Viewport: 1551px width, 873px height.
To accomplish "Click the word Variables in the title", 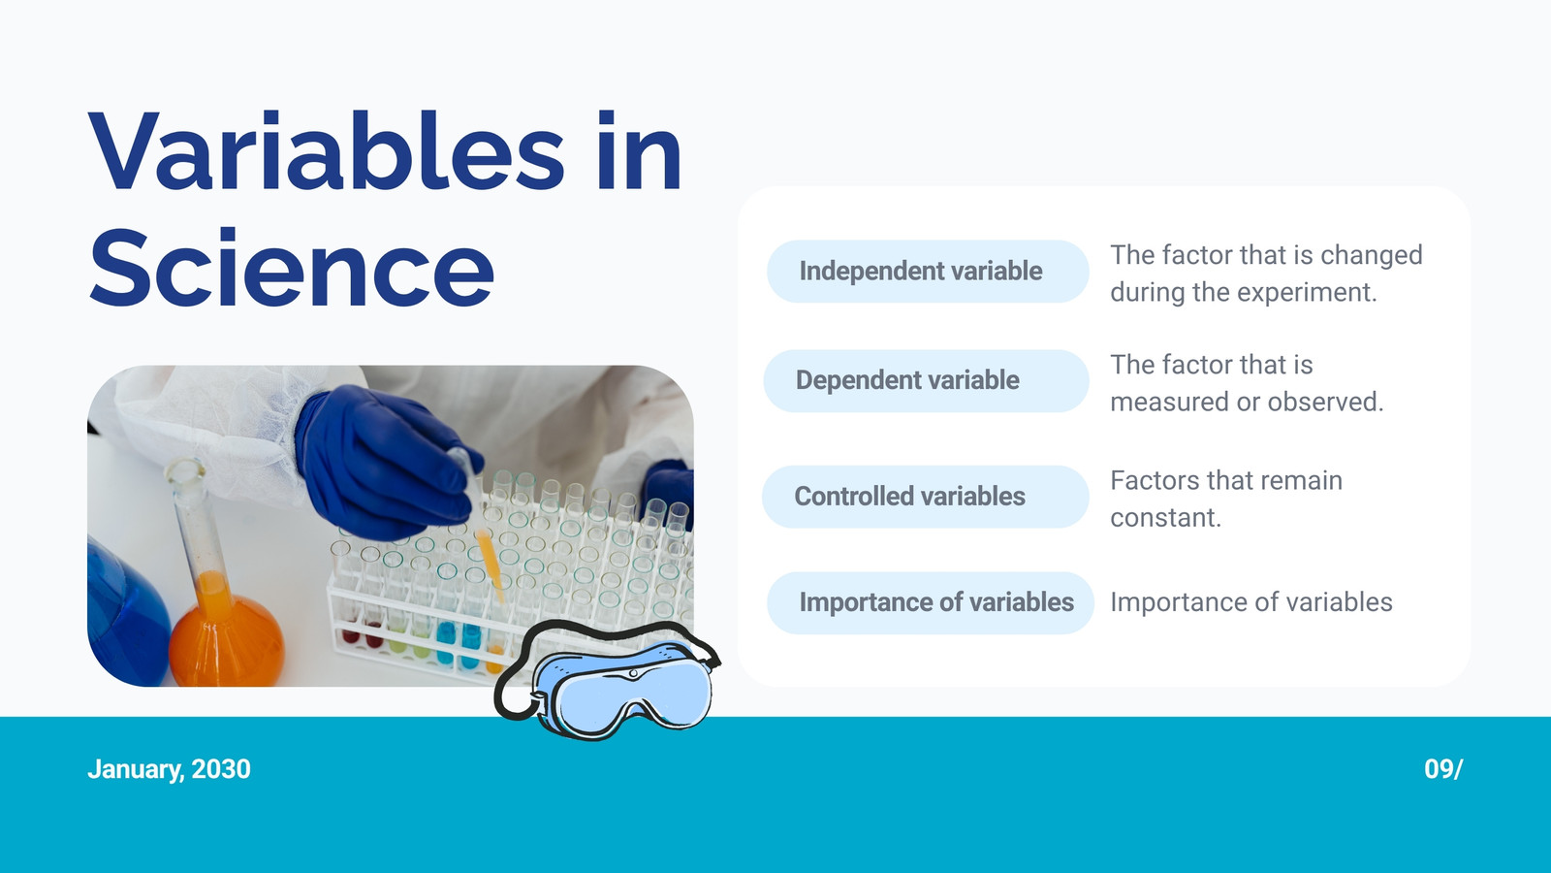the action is point(326,150).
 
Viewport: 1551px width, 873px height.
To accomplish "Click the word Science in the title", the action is point(292,268).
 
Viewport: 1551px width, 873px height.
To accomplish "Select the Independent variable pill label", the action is point(928,271).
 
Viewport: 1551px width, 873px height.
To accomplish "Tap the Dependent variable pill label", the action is point(926,380).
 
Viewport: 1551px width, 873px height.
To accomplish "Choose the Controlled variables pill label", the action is point(925,496).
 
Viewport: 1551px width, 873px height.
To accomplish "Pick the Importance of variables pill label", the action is point(930,602).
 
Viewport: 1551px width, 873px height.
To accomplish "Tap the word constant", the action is point(1165,518).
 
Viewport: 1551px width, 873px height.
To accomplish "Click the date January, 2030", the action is point(169,769).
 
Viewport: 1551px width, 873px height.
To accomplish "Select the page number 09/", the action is point(1443,769).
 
